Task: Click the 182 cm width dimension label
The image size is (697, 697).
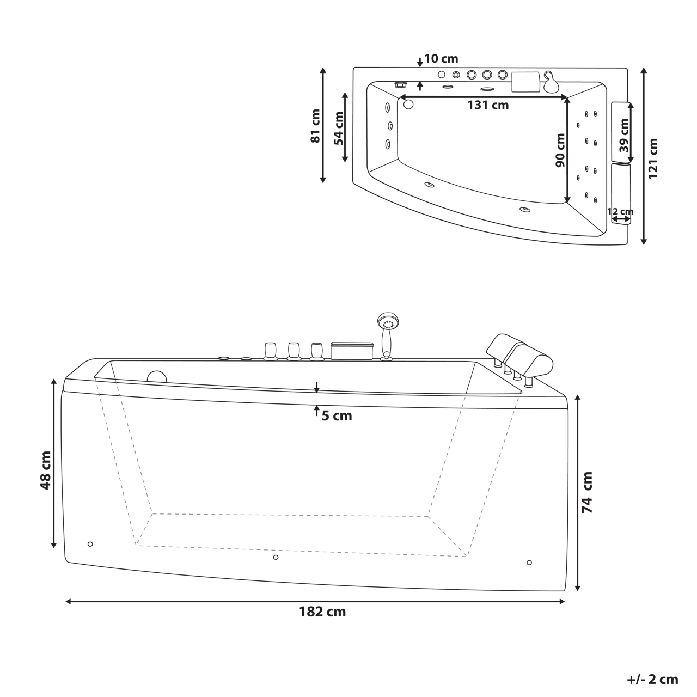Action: pos(322,612)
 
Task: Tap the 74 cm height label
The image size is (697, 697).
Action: pos(587,492)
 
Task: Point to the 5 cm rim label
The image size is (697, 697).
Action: pos(337,416)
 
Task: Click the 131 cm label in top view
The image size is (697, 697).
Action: pos(488,105)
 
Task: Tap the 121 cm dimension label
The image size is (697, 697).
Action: pos(653,158)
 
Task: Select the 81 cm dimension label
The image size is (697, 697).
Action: pos(315,126)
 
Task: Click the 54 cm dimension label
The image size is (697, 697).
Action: pos(339,129)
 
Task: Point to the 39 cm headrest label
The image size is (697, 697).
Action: pos(624,136)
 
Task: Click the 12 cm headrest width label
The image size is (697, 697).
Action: pos(620,211)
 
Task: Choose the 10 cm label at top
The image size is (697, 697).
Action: pos(441,59)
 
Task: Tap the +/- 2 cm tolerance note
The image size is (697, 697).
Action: pos(652,679)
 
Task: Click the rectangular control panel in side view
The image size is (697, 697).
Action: pos(352,351)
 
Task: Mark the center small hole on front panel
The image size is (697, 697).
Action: pos(276,557)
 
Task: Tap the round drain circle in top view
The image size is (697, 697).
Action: pos(408,104)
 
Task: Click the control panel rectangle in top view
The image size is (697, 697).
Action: pos(524,82)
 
